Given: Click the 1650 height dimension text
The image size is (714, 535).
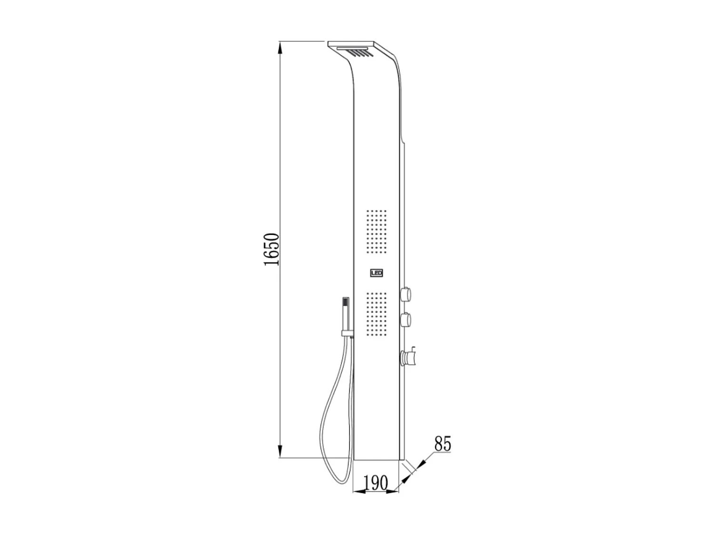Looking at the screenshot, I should click(x=271, y=249).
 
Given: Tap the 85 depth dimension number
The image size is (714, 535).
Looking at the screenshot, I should click(x=442, y=444).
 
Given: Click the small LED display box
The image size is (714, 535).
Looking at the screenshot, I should click(x=377, y=273).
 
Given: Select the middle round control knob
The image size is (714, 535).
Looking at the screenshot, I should click(x=407, y=320).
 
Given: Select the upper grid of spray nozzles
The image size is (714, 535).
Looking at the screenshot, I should click(x=376, y=231).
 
